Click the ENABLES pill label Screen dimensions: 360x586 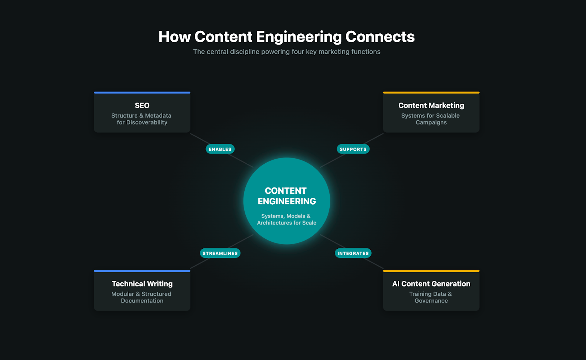(220, 149)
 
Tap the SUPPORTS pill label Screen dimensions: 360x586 (353, 149)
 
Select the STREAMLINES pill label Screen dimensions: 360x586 (220, 253)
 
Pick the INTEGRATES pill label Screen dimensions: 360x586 (353, 253)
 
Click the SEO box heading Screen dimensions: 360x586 (142, 105)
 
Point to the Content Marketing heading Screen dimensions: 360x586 (431, 105)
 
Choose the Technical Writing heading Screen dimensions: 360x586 (142, 284)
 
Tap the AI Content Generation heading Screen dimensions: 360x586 (431, 284)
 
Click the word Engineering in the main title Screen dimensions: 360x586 (299, 37)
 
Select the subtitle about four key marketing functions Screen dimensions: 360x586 (287, 52)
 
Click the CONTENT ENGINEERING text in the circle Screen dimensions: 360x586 (286, 196)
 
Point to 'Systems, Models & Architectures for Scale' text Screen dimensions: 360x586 (286, 219)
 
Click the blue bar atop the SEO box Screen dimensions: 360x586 (142, 93)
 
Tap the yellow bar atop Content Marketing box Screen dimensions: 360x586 (431, 93)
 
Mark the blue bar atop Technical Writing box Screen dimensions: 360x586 (142, 271)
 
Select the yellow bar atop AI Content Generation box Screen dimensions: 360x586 (431, 271)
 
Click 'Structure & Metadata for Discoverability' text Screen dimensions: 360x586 (142, 119)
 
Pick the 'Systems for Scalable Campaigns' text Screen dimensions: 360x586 (431, 119)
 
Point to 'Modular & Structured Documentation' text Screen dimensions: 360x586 (142, 297)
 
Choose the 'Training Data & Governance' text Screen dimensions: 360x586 (431, 297)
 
